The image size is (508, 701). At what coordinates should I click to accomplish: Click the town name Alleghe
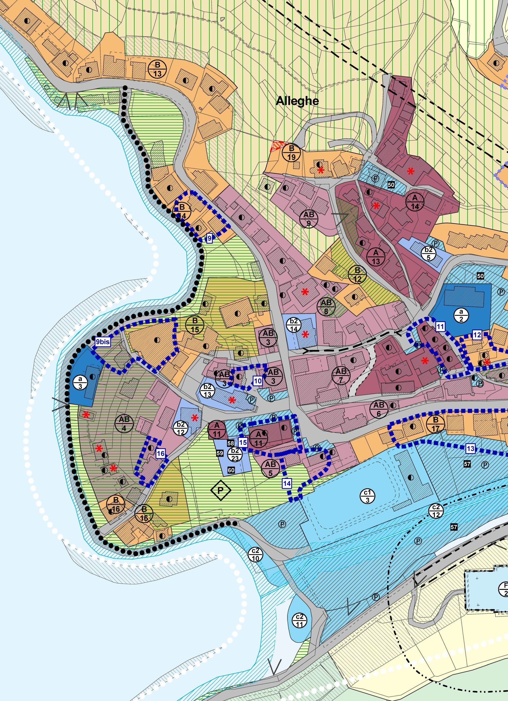click(x=297, y=101)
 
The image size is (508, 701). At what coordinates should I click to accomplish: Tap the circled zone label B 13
click(x=157, y=69)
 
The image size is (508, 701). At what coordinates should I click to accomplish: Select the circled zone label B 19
click(x=292, y=152)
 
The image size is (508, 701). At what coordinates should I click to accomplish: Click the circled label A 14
click(x=415, y=201)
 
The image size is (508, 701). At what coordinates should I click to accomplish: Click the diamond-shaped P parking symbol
click(x=221, y=490)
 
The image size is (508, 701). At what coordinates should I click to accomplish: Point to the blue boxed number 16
click(x=160, y=453)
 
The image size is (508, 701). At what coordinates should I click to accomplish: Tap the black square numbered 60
click(x=231, y=470)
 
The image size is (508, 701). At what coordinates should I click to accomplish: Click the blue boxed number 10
click(x=258, y=381)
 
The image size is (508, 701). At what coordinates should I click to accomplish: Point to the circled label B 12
click(x=357, y=274)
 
